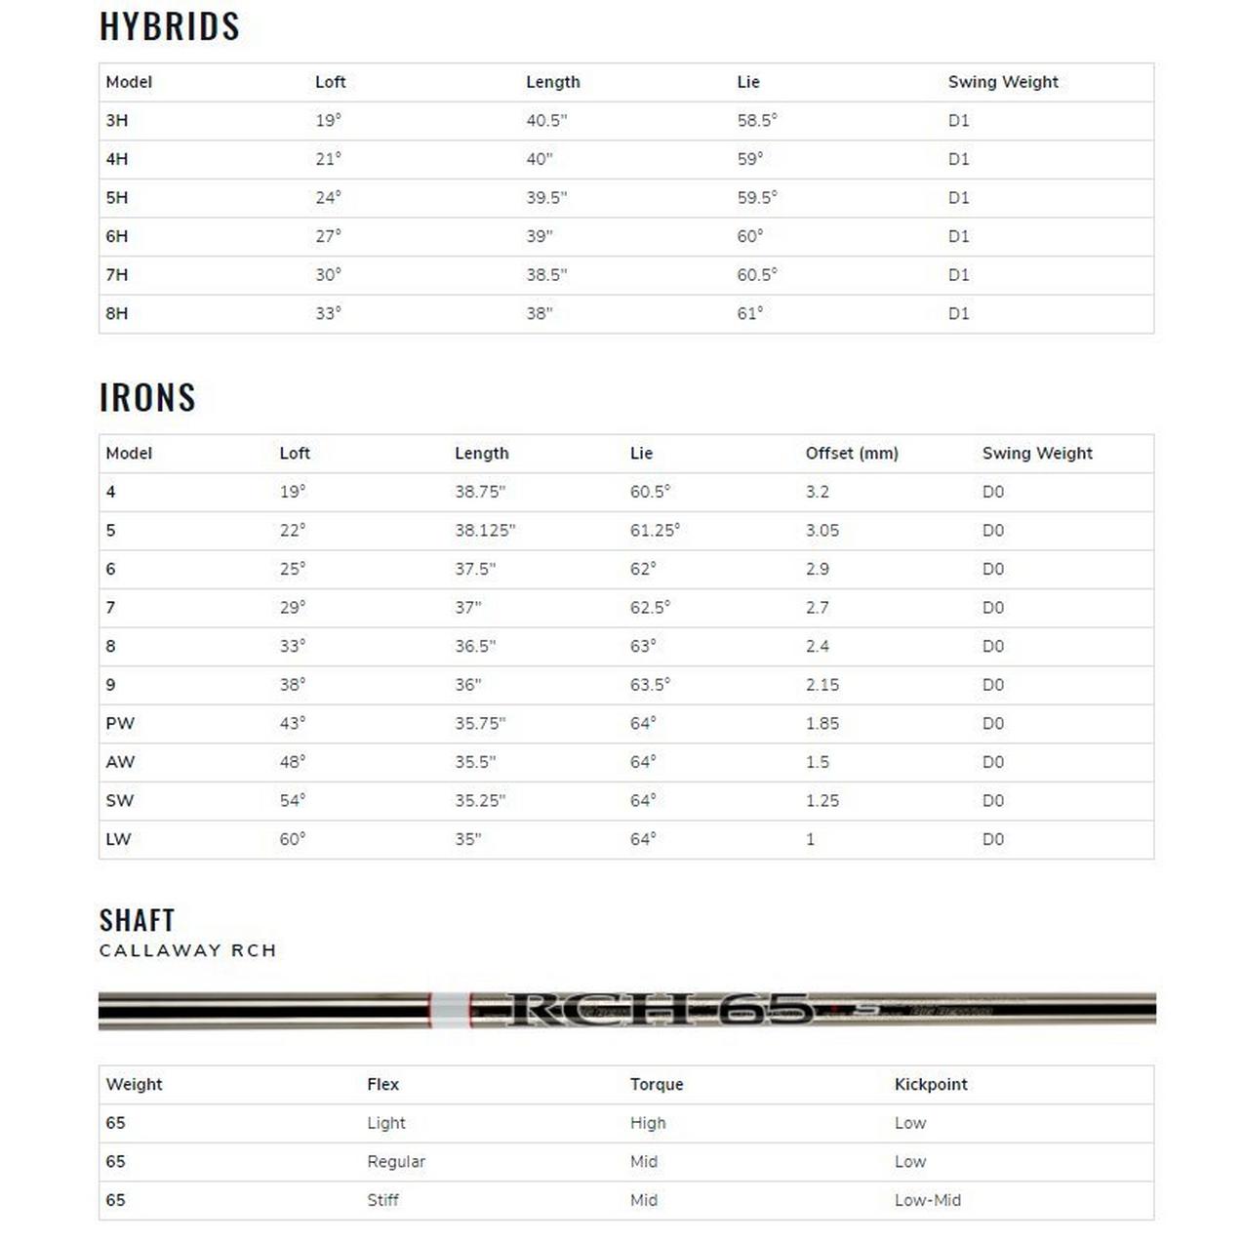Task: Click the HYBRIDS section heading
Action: [x=170, y=26]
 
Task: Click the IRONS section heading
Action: [x=147, y=397]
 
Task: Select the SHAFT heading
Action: [x=137, y=920]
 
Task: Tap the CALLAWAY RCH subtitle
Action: [x=187, y=950]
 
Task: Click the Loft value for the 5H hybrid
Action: [x=328, y=197]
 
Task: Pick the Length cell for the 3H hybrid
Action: [x=546, y=120]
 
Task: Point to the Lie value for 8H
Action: [x=749, y=313]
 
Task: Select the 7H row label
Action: [x=117, y=274]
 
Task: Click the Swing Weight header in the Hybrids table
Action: [x=1002, y=82]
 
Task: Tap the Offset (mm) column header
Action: [x=851, y=453]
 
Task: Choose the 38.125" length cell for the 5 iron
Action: [x=484, y=530]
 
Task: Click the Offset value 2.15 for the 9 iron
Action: [x=822, y=684]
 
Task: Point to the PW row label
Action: [x=120, y=723]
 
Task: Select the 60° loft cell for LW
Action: [x=292, y=839]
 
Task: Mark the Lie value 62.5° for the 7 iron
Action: [x=650, y=607]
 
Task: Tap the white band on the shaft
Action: [x=450, y=1009]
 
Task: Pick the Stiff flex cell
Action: [x=382, y=1200]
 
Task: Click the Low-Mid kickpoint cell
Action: [x=927, y=1200]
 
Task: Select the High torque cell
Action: [x=647, y=1123]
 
